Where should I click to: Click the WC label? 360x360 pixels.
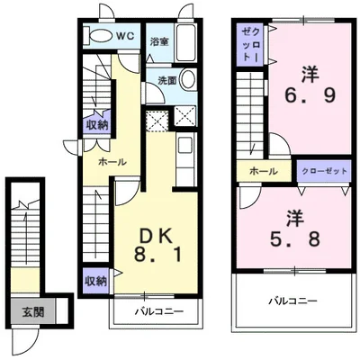[x=125, y=36]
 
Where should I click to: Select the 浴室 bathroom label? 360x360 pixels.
[x=159, y=41]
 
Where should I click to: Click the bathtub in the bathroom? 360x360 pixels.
[x=185, y=43]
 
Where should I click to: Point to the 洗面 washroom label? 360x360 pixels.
[x=167, y=80]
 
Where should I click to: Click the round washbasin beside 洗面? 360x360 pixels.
[x=188, y=79]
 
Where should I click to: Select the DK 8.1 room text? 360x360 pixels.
[x=157, y=246]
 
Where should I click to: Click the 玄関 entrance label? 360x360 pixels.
[x=33, y=312]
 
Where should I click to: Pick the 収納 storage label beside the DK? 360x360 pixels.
[x=95, y=281]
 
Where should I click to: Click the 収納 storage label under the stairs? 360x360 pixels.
[x=97, y=125]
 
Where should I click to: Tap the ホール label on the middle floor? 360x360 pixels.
[x=112, y=162]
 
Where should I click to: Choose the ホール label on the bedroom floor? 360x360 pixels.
[x=263, y=171]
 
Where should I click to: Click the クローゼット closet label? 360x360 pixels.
[x=324, y=171]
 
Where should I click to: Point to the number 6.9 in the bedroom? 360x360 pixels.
[x=310, y=96]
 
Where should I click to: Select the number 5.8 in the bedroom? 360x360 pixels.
[x=295, y=239]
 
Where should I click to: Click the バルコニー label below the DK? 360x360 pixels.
[x=158, y=311]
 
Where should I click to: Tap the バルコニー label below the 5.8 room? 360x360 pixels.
[x=292, y=301]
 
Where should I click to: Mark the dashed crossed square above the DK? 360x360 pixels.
[x=157, y=121]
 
